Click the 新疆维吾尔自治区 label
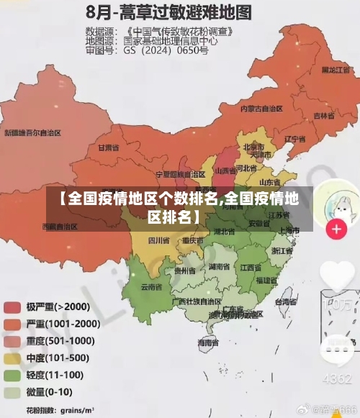pos(33,133)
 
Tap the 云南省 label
pos(150,286)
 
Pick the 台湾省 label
pos(287,302)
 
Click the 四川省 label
pos(158,240)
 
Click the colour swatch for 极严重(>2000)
pos(12,306)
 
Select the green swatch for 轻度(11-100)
pos(12,375)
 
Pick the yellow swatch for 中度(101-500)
pos(12,358)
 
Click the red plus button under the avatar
pos(336,230)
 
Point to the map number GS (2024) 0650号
pos(166,51)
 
